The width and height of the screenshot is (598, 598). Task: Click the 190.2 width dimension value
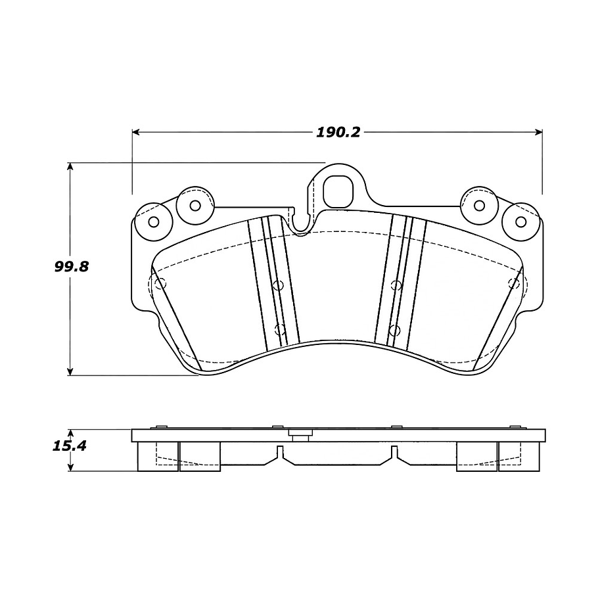coord(338,132)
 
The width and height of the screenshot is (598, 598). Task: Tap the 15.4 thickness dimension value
coord(69,446)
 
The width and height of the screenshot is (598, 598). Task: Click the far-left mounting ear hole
coord(154,221)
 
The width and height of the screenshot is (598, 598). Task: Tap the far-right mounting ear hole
coord(520,221)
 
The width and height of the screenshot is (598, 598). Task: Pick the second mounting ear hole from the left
coord(195,205)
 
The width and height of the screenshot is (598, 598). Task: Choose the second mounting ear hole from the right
coord(479,205)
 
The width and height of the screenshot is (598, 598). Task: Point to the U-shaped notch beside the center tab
coord(301,223)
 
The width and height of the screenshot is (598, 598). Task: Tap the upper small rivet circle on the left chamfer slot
coord(277,285)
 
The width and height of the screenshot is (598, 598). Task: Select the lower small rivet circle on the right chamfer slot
coord(394,329)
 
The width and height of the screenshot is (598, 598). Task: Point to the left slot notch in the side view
coord(280,452)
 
